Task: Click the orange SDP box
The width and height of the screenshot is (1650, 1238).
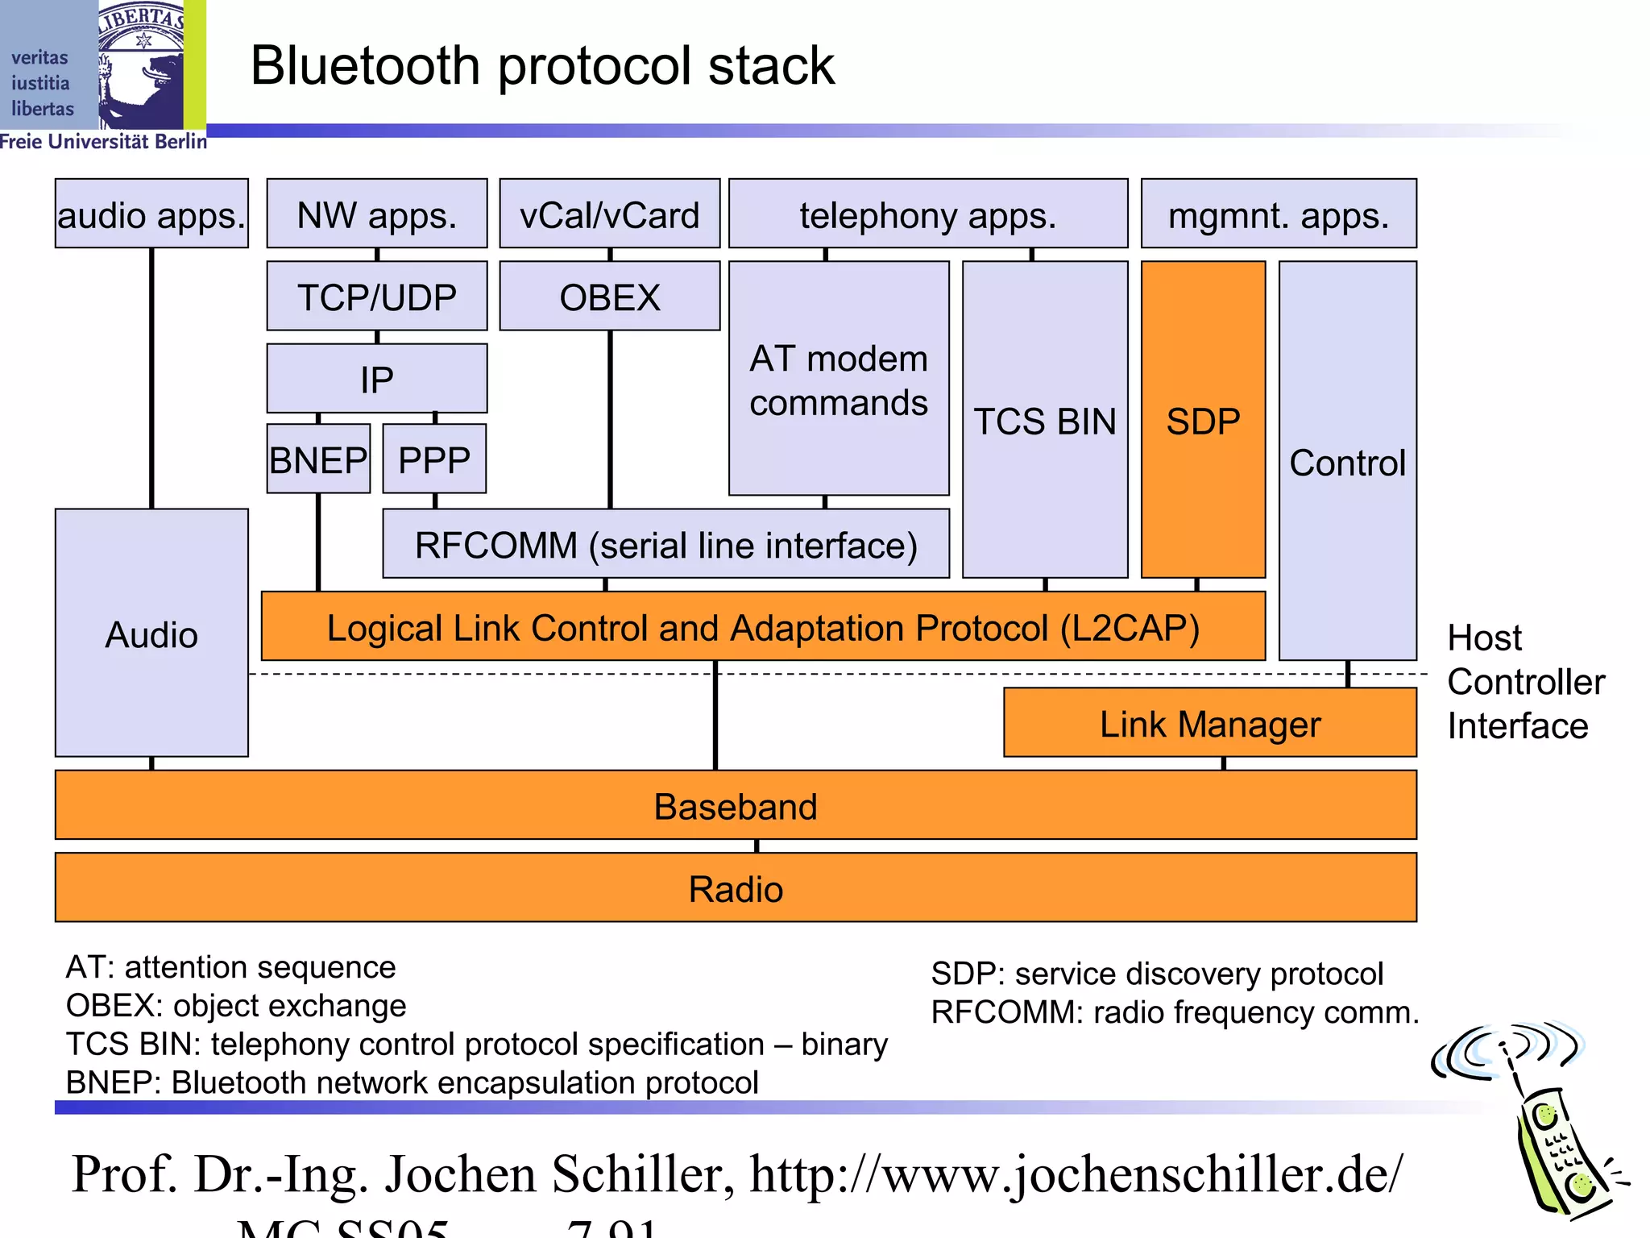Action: (1203, 420)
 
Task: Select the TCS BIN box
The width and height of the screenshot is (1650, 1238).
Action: (1045, 420)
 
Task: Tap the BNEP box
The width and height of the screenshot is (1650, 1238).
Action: (318, 459)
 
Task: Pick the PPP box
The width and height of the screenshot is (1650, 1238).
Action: (434, 459)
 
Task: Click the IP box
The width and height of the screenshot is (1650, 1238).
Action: (376, 379)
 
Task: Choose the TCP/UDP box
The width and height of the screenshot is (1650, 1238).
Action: (376, 296)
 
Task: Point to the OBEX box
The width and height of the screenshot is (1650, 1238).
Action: (609, 296)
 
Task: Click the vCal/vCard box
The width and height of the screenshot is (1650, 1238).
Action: (609, 214)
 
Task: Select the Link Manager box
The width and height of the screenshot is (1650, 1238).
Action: (1209, 723)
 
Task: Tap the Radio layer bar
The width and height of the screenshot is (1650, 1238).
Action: (735, 888)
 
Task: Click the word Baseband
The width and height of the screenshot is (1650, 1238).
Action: (735, 806)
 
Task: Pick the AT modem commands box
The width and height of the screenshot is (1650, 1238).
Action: (838, 379)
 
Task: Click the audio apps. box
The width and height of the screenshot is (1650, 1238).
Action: (151, 214)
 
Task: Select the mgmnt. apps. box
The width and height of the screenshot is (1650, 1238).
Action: (1279, 214)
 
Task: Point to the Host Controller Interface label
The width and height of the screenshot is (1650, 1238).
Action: (1524, 682)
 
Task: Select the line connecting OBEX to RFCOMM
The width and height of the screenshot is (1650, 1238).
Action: (610, 419)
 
